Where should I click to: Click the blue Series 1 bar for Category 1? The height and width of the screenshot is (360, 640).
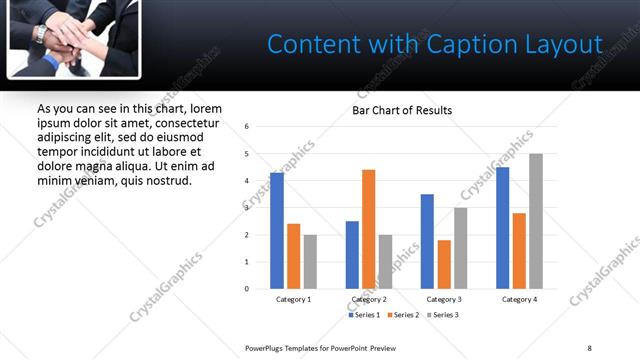coord(277,231)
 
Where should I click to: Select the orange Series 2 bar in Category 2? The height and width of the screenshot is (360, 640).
coord(368,229)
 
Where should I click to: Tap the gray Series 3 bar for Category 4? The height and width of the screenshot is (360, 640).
coord(536,221)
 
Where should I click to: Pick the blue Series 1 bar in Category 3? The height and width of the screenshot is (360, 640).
coord(427,241)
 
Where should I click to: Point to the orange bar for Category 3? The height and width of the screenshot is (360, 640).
coord(444,264)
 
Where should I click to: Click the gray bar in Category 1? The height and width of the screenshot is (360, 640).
coord(310,262)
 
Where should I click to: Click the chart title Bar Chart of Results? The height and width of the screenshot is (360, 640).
coord(402,110)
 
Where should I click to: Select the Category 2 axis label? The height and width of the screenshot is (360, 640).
coord(368,299)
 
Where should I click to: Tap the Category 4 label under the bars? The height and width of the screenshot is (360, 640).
coord(519,299)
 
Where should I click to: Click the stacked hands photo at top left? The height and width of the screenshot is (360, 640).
coord(72,37)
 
